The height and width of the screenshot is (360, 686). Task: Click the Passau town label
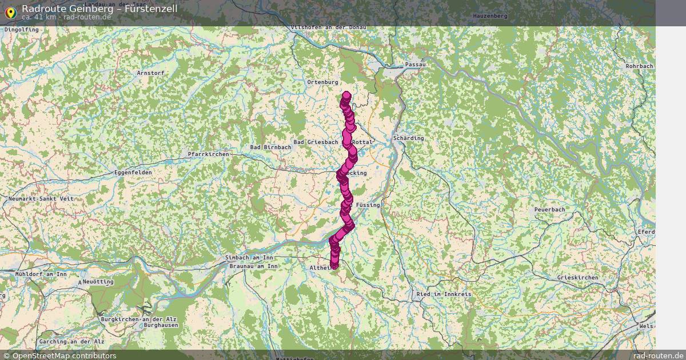pos(416,65)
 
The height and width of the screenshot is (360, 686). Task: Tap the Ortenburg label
pos(323,82)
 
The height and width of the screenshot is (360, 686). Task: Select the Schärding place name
pos(408,138)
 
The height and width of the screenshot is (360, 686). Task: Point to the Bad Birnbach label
pos(270,147)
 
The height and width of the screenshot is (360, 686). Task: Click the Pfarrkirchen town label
pos(209,154)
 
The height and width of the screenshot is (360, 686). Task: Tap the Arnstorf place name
pos(150,73)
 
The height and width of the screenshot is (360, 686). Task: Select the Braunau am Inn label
pos(253,266)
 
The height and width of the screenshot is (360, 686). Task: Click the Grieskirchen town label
pos(577,278)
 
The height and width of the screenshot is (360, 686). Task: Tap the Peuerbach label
pos(549,210)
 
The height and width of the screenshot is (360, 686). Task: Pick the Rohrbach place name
pos(639,66)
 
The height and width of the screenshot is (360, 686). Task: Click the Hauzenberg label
pos(490,16)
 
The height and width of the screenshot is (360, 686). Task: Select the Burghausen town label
pos(161,325)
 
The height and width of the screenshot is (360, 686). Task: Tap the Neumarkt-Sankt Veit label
pos(41,198)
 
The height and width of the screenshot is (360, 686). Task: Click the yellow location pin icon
pos(10,11)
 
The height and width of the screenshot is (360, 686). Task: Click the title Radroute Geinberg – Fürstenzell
pos(99,9)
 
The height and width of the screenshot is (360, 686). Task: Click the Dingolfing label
pos(21,29)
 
